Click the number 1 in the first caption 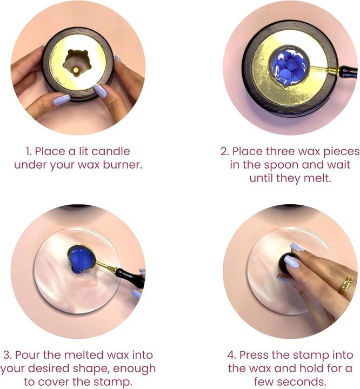pos(29,151)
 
